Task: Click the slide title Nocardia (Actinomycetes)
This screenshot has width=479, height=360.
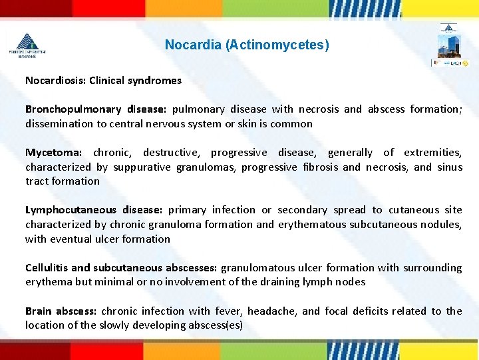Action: point(246,45)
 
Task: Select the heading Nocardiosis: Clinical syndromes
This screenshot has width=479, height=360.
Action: point(103,80)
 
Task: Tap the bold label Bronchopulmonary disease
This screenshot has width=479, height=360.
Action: point(96,109)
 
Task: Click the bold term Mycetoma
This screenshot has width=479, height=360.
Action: point(53,153)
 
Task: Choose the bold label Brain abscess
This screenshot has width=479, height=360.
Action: point(61,311)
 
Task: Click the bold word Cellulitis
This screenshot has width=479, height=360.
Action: point(47,268)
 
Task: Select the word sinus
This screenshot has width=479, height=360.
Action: point(450,167)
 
